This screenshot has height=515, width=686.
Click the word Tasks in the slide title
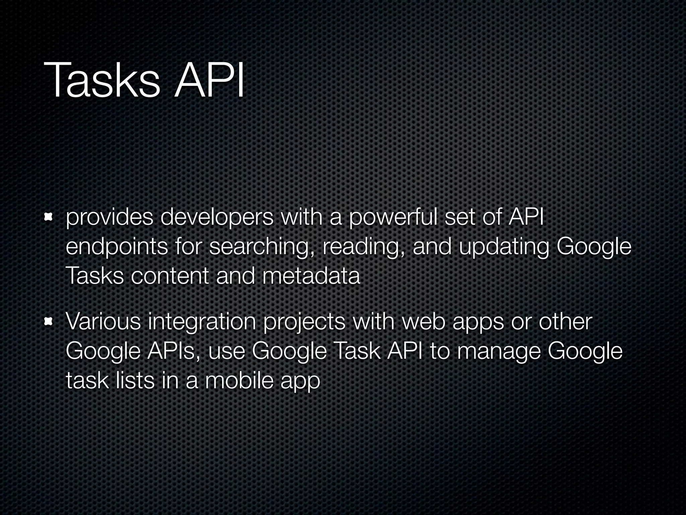coord(102,81)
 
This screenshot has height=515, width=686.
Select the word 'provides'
coord(110,218)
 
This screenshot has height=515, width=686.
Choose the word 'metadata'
coord(311,276)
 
